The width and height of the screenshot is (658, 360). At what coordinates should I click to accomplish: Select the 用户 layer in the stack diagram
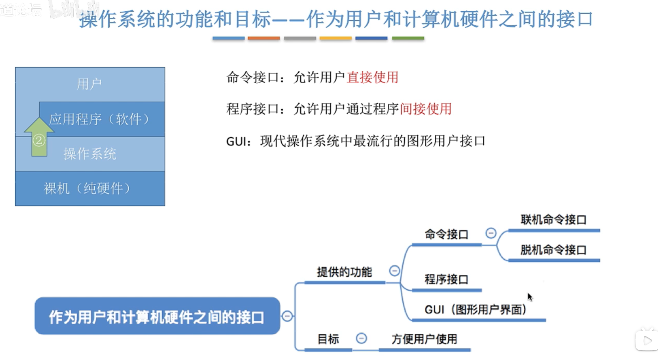coord(89,84)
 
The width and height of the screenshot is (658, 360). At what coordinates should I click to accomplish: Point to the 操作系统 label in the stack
coord(90,154)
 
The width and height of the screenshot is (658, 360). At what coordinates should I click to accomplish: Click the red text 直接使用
coord(372,77)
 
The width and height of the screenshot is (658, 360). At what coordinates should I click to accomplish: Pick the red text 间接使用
coord(426,109)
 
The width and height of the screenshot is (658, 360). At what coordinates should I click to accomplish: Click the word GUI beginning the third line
coord(236,141)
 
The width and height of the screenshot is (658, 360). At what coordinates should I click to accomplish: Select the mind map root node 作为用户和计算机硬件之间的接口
coord(157,316)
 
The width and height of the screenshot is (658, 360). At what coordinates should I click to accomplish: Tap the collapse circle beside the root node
coord(287,316)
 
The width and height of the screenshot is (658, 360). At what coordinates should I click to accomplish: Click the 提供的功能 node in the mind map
coord(344,272)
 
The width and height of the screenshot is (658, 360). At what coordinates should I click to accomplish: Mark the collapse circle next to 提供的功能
coord(394,271)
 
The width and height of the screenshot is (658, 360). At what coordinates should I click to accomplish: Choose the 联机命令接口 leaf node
coord(553,220)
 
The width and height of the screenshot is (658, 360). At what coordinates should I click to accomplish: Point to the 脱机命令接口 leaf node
coord(553,250)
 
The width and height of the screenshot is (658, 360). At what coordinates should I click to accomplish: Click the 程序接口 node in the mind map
coord(446,280)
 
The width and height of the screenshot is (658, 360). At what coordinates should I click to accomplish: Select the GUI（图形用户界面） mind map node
coord(476,310)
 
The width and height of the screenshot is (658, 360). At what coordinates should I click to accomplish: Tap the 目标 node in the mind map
coord(328,339)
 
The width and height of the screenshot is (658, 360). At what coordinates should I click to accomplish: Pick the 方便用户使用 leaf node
coord(424,339)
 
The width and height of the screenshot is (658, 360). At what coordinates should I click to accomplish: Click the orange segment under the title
coord(264,38)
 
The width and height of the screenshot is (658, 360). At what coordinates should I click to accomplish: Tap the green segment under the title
coord(408,38)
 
